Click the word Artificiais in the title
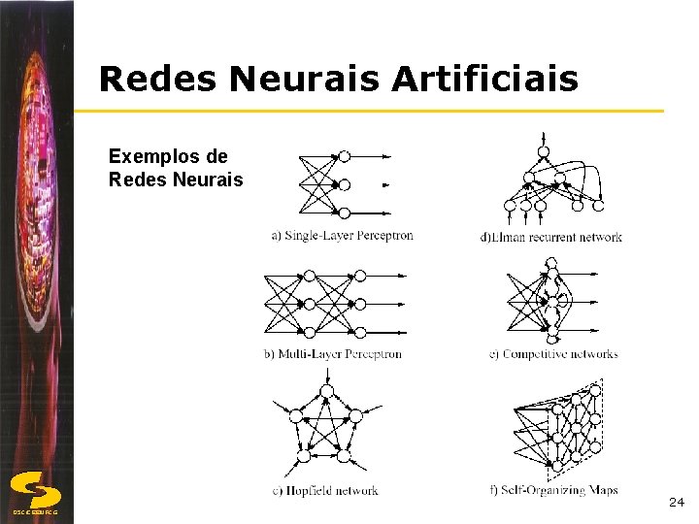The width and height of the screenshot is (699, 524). tap(485, 80)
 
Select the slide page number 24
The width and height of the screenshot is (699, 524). tap(677, 503)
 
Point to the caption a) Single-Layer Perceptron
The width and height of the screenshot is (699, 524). tap(342, 235)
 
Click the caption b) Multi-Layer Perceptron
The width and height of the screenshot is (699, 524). tap(332, 354)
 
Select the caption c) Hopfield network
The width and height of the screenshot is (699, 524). tap(325, 491)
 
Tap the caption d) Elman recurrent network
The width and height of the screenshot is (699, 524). tap(550, 237)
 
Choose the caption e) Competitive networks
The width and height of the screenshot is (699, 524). tap(552, 354)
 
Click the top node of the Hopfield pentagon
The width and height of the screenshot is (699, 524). tap(326, 391)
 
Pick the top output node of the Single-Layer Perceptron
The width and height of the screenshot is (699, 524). tap(344, 156)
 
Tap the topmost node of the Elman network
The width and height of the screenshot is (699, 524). tap(544, 152)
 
